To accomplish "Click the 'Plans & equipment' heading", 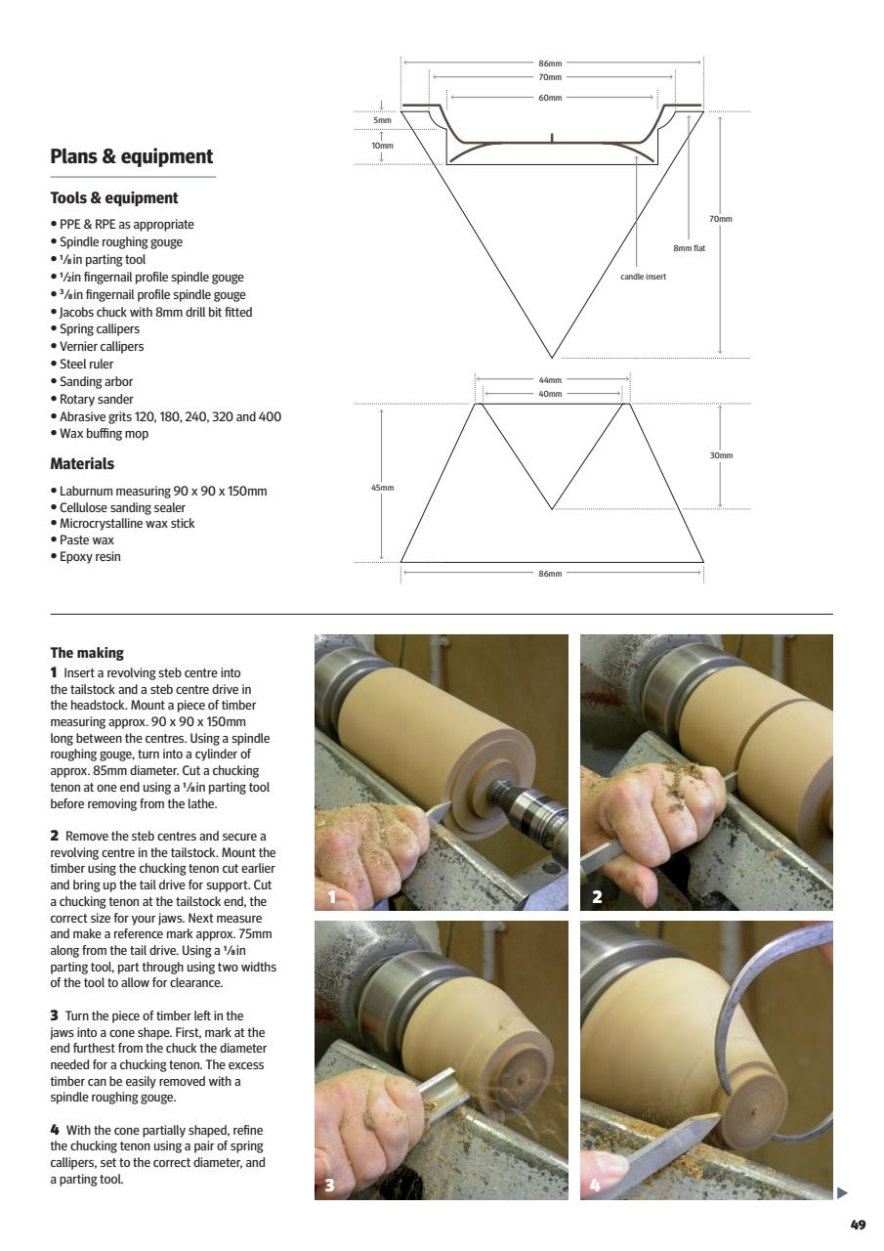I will tap(131, 157).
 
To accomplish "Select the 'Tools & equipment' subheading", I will tap(113, 198).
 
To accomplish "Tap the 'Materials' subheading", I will tap(82, 464).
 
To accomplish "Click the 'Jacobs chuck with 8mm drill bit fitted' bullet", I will tap(151, 313).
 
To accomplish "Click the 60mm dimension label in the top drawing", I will tap(550, 98).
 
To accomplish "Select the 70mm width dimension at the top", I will tap(550, 77).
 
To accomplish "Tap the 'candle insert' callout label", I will tap(643, 277).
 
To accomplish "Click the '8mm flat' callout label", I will tap(689, 248).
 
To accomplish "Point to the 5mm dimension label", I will tap(382, 120).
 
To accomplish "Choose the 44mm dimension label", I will tap(550, 380).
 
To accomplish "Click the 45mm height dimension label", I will tap(382, 487).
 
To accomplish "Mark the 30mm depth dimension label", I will tap(721, 455).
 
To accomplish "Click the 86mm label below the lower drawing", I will tap(550, 574).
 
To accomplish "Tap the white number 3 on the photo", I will tap(330, 1186).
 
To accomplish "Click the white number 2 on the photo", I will tap(596, 897).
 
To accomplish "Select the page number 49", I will tap(858, 1225).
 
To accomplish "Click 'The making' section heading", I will tap(87, 653).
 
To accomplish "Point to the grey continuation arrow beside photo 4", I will tap(843, 1192).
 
